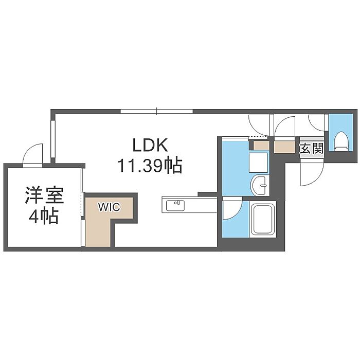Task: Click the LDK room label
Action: (x=150, y=145)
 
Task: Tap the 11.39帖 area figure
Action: (x=150, y=166)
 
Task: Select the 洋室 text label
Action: (x=44, y=195)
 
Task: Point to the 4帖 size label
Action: (x=43, y=217)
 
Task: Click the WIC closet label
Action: (x=109, y=207)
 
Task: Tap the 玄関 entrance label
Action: (x=312, y=148)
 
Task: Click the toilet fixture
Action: (x=340, y=141)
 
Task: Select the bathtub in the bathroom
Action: (x=263, y=219)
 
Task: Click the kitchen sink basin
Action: (x=175, y=206)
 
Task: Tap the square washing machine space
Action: (x=259, y=163)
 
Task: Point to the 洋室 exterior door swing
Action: (x=33, y=154)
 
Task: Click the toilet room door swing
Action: (x=316, y=123)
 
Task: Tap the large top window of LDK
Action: (x=157, y=112)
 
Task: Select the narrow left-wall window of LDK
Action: (x=53, y=139)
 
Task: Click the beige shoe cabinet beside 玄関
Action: (x=285, y=147)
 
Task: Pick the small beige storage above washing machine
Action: (x=261, y=146)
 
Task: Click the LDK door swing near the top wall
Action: (x=259, y=125)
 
